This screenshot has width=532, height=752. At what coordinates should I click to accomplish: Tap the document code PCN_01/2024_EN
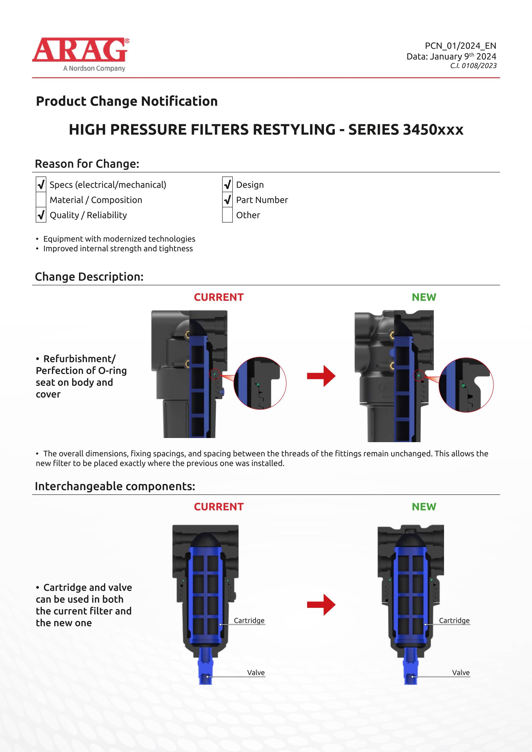(x=460, y=46)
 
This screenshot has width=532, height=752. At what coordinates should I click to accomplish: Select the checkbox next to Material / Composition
(x=41, y=200)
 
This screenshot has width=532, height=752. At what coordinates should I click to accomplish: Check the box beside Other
(x=227, y=215)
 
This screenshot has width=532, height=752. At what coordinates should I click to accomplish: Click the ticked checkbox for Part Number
(x=227, y=200)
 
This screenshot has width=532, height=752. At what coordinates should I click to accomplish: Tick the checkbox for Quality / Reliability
(x=41, y=215)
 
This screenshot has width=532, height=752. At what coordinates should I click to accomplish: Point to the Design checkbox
(x=227, y=185)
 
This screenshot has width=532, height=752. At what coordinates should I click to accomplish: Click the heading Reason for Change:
(x=87, y=164)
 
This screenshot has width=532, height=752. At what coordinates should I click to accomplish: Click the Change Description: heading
(x=89, y=277)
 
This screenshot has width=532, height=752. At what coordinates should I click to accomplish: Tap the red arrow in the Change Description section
(x=321, y=376)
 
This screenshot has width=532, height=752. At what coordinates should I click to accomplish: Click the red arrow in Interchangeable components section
(x=321, y=605)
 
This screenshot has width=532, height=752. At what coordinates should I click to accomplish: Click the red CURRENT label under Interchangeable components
(x=219, y=507)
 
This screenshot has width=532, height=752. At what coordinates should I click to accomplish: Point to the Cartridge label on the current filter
(x=249, y=621)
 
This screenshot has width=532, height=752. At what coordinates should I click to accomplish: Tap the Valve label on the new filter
(x=461, y=672)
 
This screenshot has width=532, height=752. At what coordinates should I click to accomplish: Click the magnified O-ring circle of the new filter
(x=466, y=385)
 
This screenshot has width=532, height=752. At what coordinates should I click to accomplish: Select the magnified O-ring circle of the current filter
(x=260, y=383)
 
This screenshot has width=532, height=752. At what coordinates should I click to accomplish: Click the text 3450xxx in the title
(x=433, y=130)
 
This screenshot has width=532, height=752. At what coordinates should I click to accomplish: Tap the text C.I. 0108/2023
(x=473, y=66)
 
